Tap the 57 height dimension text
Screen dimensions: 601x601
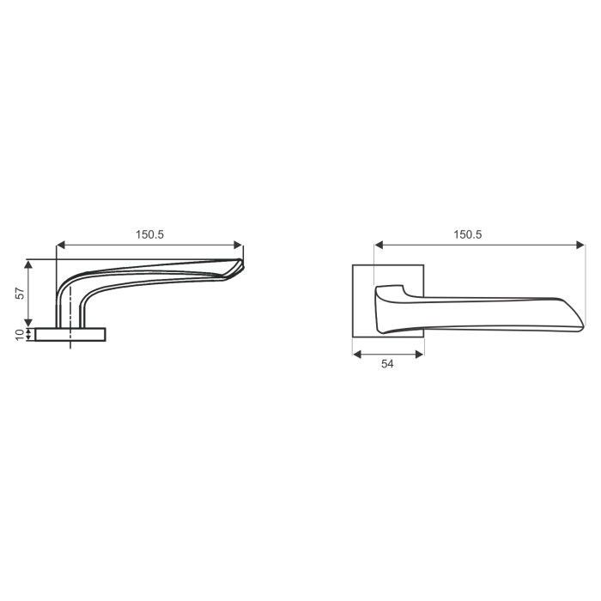(19, 293)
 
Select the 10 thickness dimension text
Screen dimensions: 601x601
(19, 334)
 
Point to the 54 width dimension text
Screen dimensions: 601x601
(387, 364)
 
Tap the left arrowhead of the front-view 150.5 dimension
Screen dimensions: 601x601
(379, 245)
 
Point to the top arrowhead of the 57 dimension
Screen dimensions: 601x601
(30, 264)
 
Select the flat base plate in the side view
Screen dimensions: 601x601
(70, 334)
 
